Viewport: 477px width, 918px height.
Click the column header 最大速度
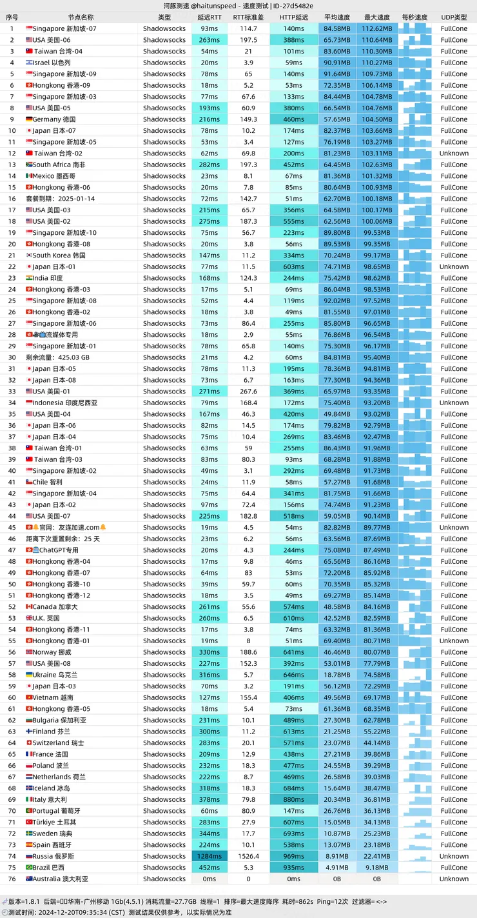[x=377, y=17]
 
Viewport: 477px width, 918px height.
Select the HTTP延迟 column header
[x=294, y=17]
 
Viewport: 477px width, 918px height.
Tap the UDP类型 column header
[x=454, y=17]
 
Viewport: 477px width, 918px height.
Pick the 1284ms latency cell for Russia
[x=209, y=856]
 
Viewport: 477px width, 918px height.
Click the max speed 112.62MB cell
[x=377, y=28]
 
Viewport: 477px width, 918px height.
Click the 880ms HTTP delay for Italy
[x=294, y=799]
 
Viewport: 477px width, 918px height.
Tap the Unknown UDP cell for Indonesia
[x=454, y=403]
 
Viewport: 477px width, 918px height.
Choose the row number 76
[x=12, y=879]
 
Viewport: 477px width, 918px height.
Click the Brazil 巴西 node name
[x=48, y=868]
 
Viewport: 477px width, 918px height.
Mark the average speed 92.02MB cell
[x=337, y=301]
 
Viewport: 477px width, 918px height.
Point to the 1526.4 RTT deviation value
[x=248, y=856]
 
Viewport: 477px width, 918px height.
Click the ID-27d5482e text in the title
[x=293, y=6]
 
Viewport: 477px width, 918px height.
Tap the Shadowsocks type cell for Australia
[x=164, y=879]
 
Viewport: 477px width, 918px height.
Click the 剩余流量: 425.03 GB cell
[x=57, y=357]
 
